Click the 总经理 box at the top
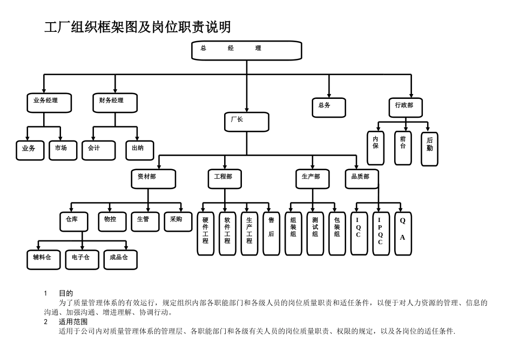247,50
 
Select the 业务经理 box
49,102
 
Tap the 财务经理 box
114,102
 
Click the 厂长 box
247,122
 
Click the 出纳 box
139,150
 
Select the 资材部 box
153,178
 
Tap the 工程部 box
225,178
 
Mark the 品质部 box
362,178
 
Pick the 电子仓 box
82,259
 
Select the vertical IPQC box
380,232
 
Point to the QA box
402,232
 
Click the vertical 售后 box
271,232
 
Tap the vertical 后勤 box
430,149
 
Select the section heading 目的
66,293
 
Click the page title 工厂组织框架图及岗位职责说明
137,27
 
